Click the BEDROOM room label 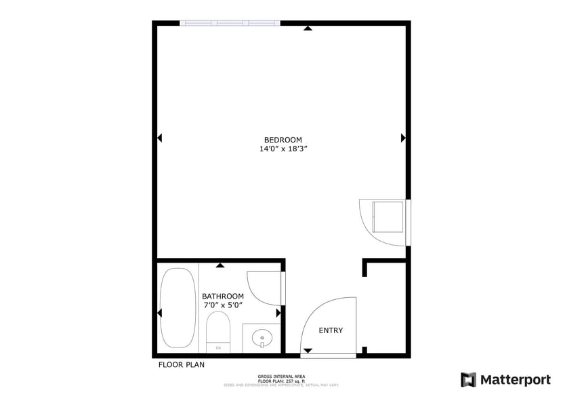click(283, 140)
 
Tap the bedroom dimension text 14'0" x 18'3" click(283, 149)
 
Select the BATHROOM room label click(223, 297)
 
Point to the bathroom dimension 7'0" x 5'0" click(223, 305)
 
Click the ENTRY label click(331, 330)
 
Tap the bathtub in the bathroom click(178, 307)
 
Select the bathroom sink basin click(262, 337)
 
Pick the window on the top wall click(230, 23)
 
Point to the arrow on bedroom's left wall click(160, 138)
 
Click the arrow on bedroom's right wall click(403, 138)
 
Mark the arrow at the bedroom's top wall click(308, 28)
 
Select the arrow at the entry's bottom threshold click(308, 350)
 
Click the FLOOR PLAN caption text click(182, 364)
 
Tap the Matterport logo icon click(468, 379)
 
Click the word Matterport click(515, 379)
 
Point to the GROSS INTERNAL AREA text click(281, 376)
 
